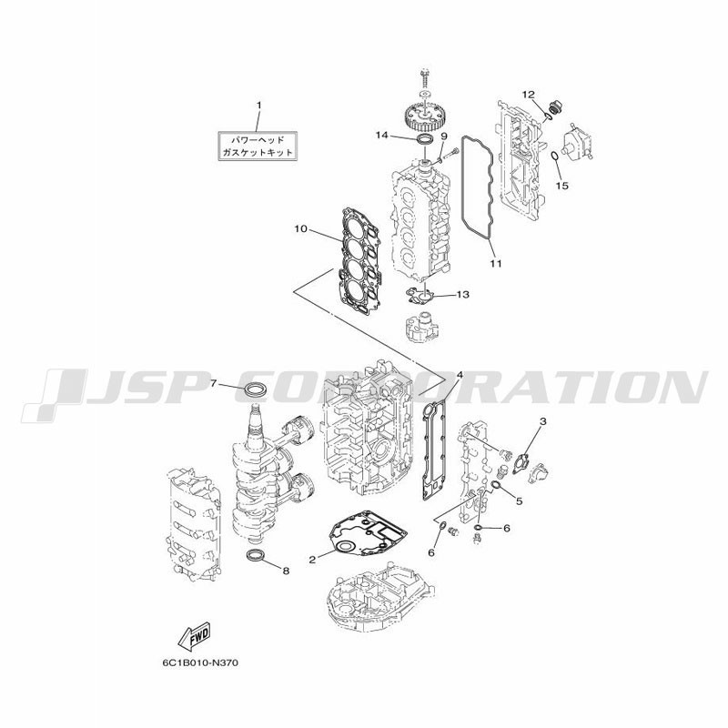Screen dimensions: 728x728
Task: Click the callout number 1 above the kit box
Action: (259, 106)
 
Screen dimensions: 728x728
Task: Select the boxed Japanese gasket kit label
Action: (258, 146)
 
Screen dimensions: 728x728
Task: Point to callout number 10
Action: (300, 228)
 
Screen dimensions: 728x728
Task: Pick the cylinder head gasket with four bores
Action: (360, 259)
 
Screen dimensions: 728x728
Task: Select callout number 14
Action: (381, 135)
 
